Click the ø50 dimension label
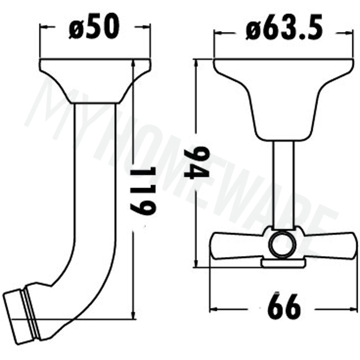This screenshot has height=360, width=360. coord(94,27)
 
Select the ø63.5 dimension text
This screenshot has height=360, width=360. coord(284,30)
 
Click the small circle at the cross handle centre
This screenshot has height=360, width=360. coord(283,245)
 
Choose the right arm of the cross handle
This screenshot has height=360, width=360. coord(328,246)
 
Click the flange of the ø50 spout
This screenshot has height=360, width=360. coord(95,81)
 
